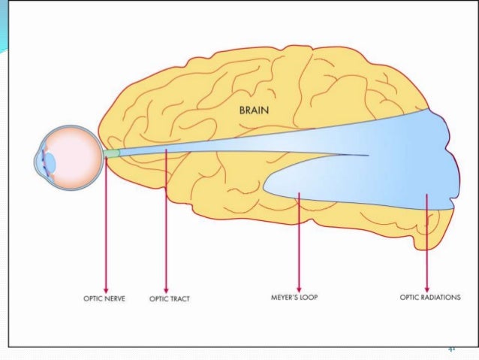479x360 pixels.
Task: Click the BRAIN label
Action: (255, 110)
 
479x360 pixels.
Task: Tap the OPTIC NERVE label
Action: (104, 298)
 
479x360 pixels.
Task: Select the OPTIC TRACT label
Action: (170, 298)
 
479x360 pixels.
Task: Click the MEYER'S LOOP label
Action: (295, 298)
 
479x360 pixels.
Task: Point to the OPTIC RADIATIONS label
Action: (430, 298)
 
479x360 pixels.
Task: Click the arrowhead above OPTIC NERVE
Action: (106, 289)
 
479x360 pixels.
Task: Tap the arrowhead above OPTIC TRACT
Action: (166, 289)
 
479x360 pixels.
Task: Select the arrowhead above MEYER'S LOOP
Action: (300, 289)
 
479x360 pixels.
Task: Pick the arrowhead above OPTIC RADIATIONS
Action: (426, 289)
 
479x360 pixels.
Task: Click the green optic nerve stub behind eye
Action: (111, 153)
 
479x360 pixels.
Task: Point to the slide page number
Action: (452, 349)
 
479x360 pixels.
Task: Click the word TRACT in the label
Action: (179, 298)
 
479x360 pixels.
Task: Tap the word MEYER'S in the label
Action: (285, 298)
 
